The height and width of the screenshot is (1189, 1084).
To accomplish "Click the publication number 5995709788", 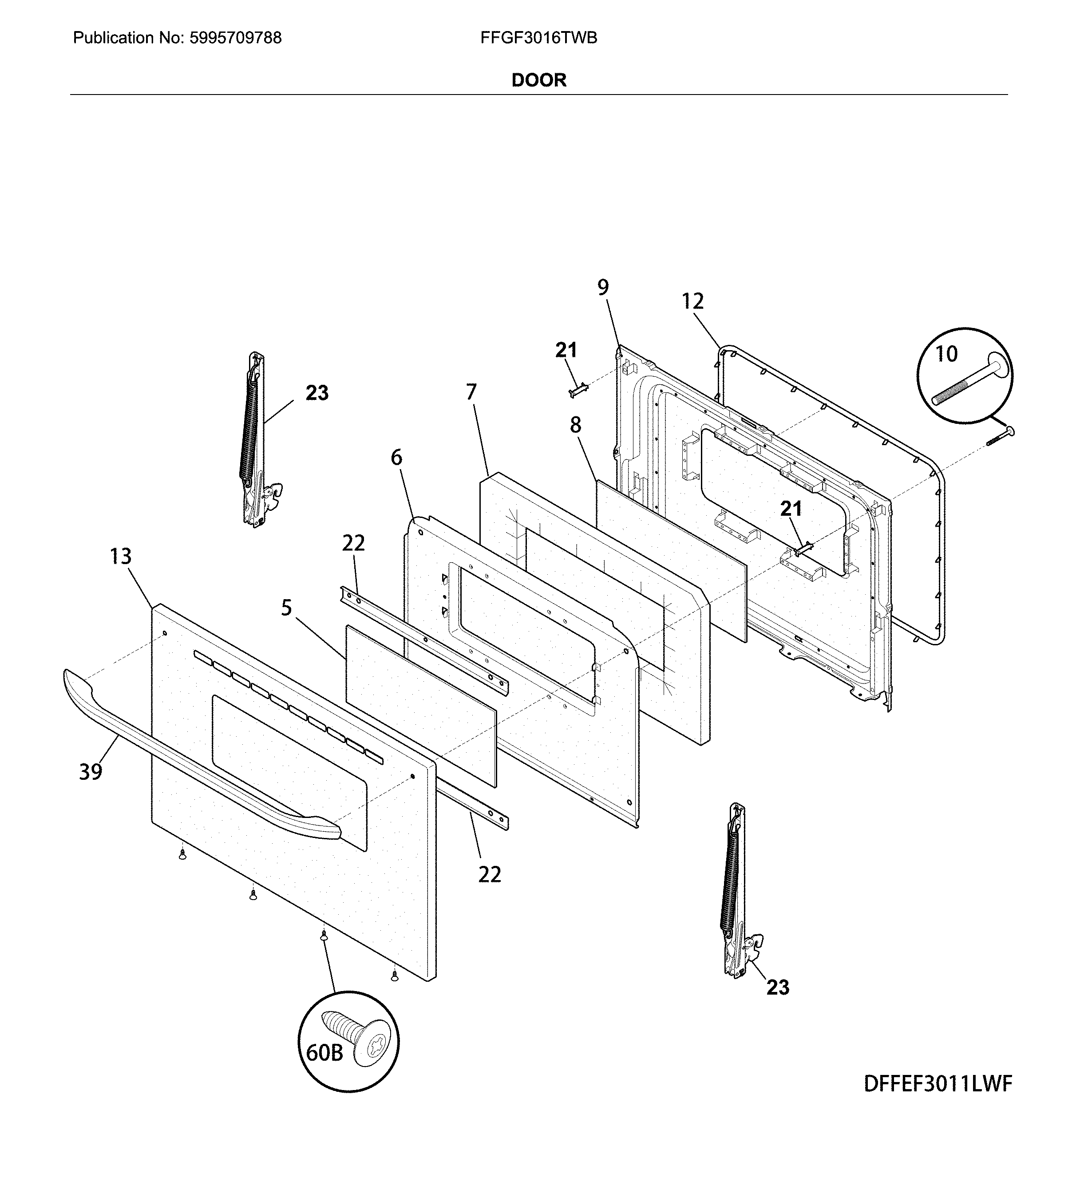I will (235, 38).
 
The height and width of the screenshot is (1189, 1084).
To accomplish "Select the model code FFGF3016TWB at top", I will (538, 38).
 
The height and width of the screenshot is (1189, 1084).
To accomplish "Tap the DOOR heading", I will (538, 80).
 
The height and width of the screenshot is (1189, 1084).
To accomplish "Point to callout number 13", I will (121, 556).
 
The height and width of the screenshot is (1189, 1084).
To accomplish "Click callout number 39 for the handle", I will (91, 771).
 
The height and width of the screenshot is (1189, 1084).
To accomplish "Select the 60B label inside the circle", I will (324, 1052).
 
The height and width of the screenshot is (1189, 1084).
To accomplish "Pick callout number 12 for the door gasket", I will (693, 301).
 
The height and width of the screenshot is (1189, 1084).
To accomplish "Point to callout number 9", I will (603, 287).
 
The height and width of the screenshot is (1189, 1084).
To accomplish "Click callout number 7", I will (471, 391).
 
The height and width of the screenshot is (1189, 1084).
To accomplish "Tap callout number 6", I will (396, 457).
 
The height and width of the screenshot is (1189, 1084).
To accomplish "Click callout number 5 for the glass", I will (287, 608).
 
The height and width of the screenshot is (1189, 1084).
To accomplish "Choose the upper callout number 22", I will (353, 543).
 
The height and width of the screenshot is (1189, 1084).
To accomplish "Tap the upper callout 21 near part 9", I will (566, 350).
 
